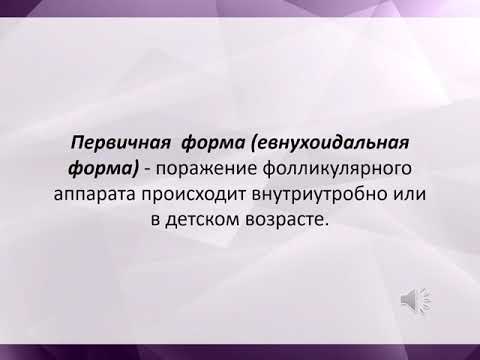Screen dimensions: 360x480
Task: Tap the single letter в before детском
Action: (x=157, y=219)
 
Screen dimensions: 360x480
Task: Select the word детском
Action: (x=202, y=219)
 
